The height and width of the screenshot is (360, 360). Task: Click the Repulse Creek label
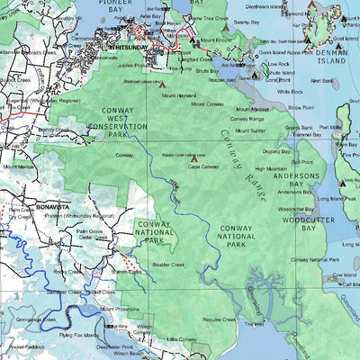click(219, 319)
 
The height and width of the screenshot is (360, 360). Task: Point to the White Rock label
click(290, 92)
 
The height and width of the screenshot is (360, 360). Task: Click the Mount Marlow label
click(20, 166)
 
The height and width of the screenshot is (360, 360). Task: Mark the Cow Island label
click(343, 274)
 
